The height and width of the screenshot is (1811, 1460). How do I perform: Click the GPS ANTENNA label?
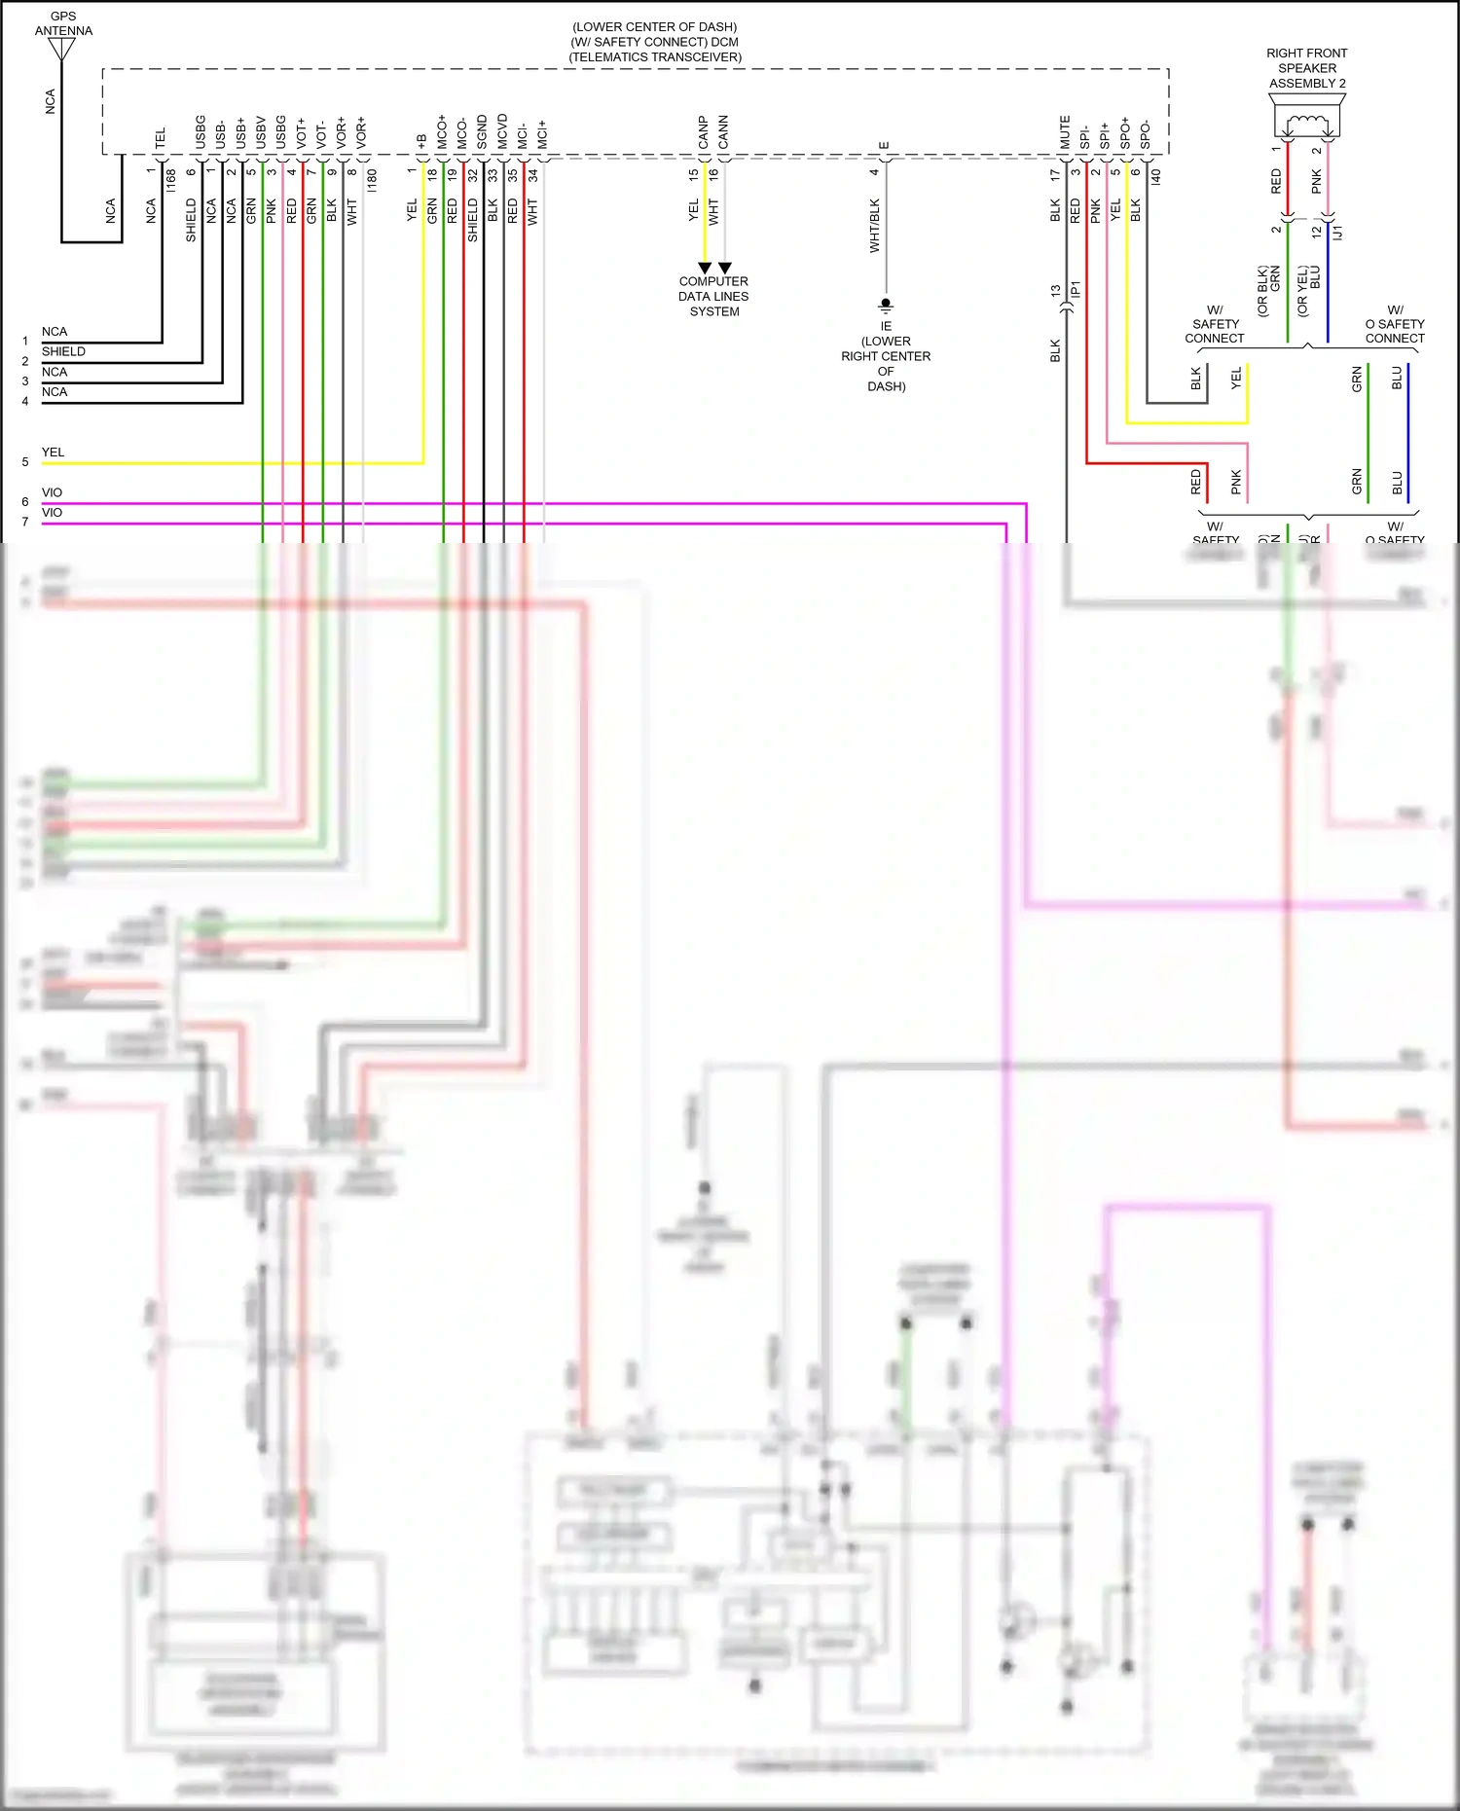(x=63, y=23)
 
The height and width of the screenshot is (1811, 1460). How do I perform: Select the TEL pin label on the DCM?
(x=161, y=137)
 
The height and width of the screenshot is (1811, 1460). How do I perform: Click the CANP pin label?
(x=703, y=132)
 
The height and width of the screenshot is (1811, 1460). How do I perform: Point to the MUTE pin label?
(x=1065, y=132)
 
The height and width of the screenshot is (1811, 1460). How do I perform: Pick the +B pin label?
(x=421, y=141)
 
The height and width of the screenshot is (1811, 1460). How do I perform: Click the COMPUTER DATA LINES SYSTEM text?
(x=713, y=297)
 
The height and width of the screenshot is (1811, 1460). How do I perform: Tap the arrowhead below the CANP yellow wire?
(x=704, y=268)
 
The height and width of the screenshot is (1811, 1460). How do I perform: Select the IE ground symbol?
(x=886, y=306)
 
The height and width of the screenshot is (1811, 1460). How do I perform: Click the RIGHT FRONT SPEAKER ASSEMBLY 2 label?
(x=1307, y=68)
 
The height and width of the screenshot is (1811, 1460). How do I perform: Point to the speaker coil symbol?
(x=1307, y=124)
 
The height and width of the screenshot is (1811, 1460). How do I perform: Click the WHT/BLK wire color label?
(x=874, y=226)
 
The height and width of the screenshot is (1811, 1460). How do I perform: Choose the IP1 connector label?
(x=1076, y=290)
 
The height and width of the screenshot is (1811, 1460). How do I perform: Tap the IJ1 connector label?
(x=1338, y=233)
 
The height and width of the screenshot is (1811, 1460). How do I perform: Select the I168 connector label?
(x=170, y=180)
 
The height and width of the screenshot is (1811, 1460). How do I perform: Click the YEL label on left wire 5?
(x=53, y=453)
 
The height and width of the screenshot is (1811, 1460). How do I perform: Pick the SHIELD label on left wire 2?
(x=63, y=351)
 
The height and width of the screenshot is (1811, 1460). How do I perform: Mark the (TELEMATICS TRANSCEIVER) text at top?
(x=655, y=57)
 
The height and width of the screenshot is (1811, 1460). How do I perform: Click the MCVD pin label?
(x=502, y=131)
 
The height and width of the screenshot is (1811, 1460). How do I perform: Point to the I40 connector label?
(x=1156, y=177)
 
